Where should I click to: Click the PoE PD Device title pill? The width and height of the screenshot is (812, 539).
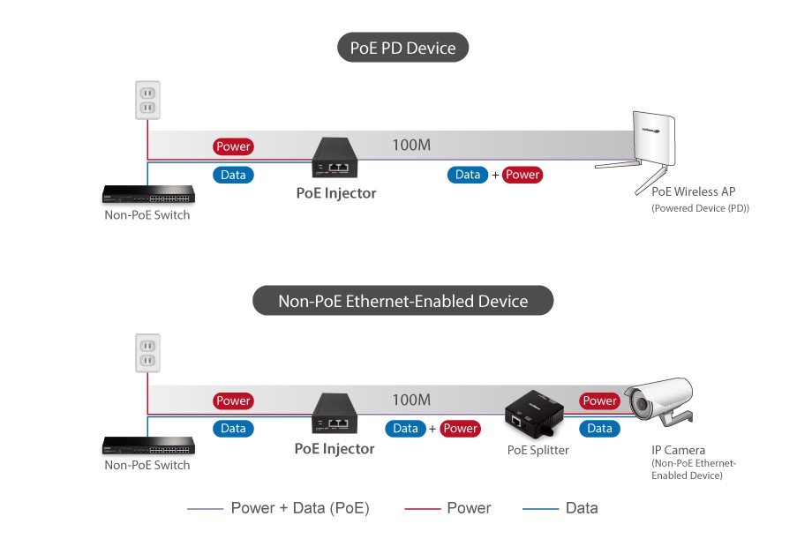pos(402,48)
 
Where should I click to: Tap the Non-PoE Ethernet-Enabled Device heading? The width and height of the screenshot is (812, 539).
pos(402,301)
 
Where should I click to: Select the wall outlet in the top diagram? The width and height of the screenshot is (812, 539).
pos(147,100)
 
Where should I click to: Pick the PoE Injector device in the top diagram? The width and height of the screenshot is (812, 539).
pos(335,158)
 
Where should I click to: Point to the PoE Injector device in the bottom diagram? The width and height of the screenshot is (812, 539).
pos(335,415)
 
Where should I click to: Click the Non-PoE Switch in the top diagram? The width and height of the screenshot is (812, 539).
pos(147,196)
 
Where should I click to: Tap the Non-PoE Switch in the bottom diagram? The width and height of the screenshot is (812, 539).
pos(147,446)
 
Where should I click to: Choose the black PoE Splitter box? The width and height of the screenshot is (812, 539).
pos(535,414)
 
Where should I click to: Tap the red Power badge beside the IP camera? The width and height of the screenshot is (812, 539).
pos(599,401)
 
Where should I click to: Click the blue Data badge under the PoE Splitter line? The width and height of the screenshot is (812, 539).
pos(599,429)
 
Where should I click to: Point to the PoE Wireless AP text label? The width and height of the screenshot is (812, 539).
pos(693,191)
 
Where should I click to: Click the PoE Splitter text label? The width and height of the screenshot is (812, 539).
pos(538,450)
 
